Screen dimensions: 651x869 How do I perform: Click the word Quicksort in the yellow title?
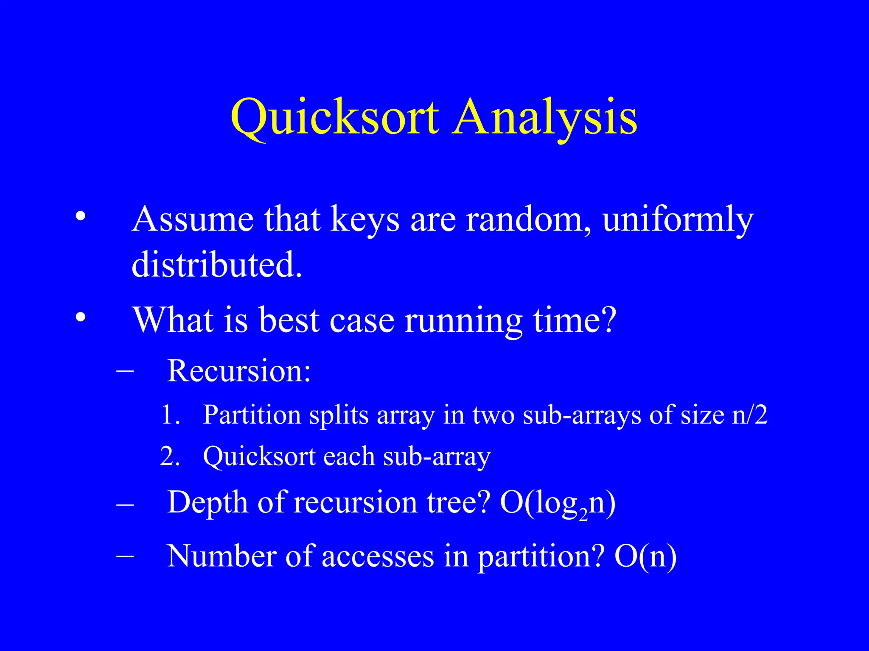pyautogui.click(x=334, y=117)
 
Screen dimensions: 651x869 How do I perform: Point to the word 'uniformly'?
pyautogui.click(x=678, y=220)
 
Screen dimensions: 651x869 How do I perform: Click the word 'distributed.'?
pyautogui.click(x=217, y=264)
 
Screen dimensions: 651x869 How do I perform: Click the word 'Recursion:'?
pyautogui.click(x=239, y=371)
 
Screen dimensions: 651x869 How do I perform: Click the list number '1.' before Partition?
pyautogui.click(x=171, y=415)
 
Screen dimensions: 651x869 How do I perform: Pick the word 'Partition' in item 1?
pyautogui.click(x=252, y=415)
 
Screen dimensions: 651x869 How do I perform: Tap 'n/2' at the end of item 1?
pyautogui.click(x=750, y=415)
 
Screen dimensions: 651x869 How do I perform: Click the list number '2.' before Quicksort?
pyautogui.click(x=170, y=457)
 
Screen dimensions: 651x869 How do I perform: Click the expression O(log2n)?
pyautogui.click(x=558, y=503)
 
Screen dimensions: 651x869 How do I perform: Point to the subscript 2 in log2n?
pyautogui.click(x=583, y=514)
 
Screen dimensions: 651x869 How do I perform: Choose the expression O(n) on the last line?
pyautogui.click(x=645, y=556)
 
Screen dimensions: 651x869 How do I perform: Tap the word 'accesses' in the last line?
pyautogui.click(x=378, y=556)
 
